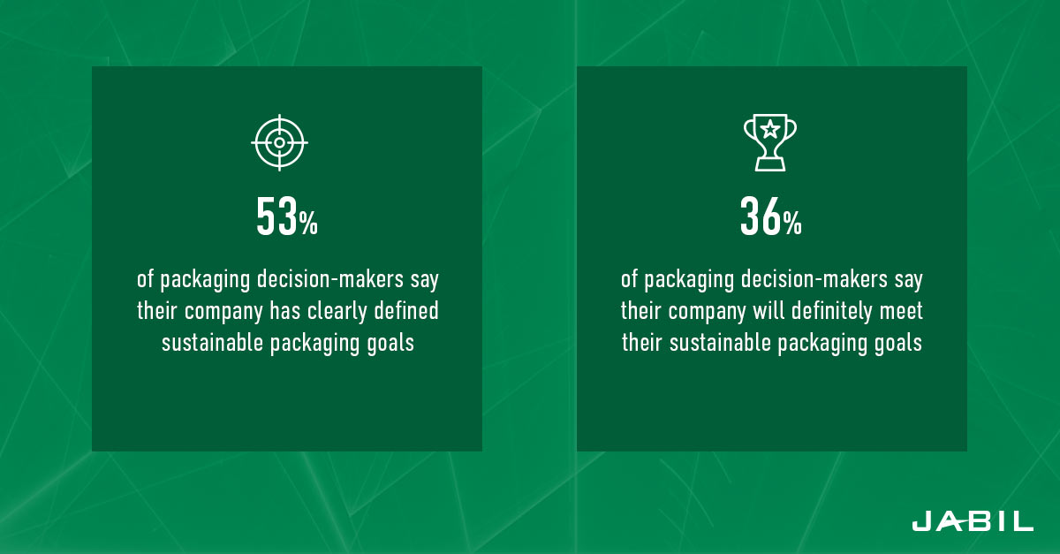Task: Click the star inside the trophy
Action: pos(770,129)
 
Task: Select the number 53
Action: pos(276,216)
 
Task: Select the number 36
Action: pos(761,216)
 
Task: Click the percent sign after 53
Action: pos(308,223)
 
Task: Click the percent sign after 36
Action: pos(792,223)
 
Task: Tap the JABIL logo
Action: pos(973,520)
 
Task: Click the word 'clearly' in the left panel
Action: pos(337,311)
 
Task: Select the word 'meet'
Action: pos(901,312)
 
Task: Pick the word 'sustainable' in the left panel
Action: pos(212,342)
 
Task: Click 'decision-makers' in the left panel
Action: pos(329,279)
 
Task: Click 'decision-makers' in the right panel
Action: pos(814,279)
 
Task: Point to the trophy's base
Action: pos(770,164)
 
